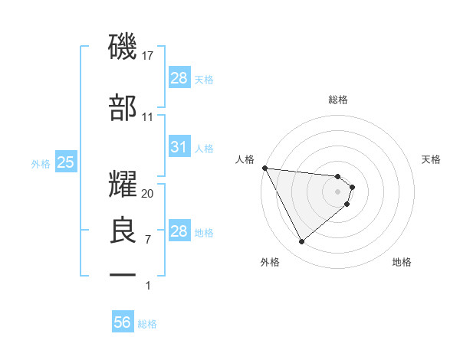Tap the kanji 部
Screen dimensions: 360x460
123,108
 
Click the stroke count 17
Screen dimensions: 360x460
148,55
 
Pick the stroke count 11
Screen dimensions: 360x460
148,117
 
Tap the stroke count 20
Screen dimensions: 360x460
148,193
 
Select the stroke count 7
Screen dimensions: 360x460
148,240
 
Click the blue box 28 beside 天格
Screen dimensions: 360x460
179,77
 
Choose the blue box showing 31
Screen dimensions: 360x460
179,147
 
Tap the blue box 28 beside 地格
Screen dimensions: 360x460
179,231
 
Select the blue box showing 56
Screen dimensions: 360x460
123,322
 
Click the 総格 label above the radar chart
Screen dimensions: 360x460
338,100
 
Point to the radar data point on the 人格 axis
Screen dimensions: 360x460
264,168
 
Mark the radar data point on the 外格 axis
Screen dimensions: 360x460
301,242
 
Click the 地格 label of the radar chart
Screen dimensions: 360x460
402,263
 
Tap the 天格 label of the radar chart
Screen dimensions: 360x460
431,159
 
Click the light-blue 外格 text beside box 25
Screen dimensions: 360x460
41,163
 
